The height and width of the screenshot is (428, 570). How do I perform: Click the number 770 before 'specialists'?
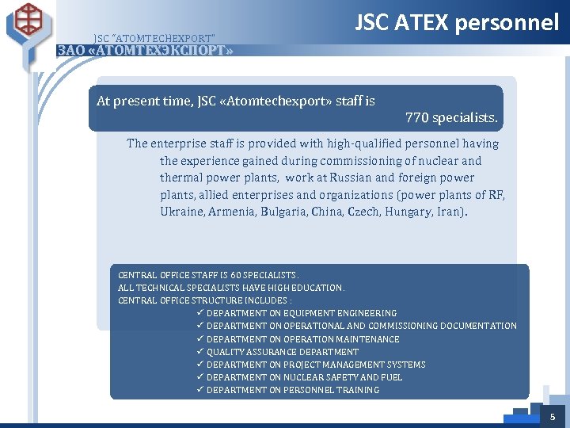click(x=416, y=118)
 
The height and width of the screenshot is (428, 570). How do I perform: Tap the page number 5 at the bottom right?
click(x=553, y=416)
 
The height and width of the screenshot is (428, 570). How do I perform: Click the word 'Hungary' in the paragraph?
click(x=407, y=212)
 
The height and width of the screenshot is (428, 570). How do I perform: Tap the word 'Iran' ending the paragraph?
click(x=450, y=212)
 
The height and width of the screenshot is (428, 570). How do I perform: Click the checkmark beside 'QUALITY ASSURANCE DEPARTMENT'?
click(x=201, y=351)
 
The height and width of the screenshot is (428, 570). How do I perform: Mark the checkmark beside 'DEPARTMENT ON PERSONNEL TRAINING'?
click(x=201, y=389)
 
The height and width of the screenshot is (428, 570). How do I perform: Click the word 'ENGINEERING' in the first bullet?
click(x=369, y=313)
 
